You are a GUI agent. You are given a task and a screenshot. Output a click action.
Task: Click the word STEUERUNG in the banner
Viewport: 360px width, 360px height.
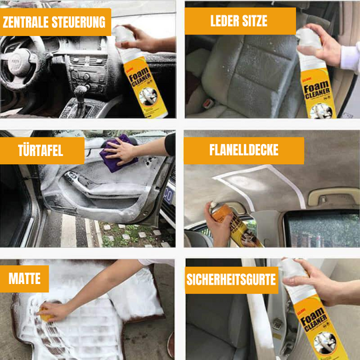coord(79,22)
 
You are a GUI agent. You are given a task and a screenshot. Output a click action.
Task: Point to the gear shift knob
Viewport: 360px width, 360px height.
coord(81,90)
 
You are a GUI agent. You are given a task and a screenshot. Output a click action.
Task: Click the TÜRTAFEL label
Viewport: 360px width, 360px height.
coord(41,151)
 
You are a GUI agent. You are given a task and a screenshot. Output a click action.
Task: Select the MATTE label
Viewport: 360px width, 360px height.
coord(24,279)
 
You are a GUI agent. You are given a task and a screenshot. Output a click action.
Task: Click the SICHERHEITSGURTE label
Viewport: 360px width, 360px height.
coord(231,280)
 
